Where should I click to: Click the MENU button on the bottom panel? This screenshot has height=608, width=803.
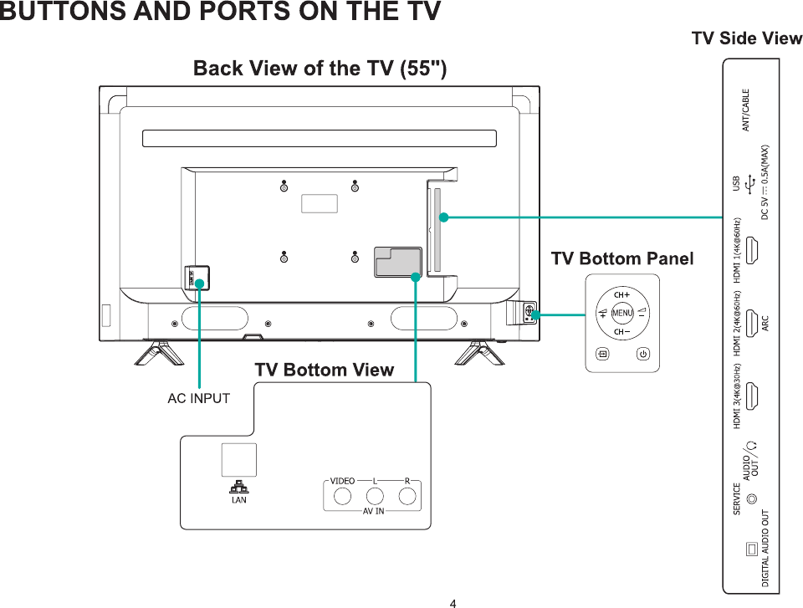tap(621, 313)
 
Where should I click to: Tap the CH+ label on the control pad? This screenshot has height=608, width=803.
tap(621, 294)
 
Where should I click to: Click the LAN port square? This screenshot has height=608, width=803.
tap(239, 460)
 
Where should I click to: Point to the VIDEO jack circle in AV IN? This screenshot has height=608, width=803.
tap(342, 496)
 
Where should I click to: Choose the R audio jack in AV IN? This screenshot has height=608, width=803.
tap(407, 496)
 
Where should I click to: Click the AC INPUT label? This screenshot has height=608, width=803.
tap(198, 398)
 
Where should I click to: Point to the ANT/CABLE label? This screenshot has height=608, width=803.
tap(745, 110)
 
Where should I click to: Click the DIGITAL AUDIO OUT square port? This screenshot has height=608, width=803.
tap(752, 548)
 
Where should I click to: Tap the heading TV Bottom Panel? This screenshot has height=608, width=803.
tap(621, 258)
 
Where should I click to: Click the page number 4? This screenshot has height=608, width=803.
tap(453, 602)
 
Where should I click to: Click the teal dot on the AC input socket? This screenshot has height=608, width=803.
tap(199, 283)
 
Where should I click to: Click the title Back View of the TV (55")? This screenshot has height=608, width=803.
tap(320, 69)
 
